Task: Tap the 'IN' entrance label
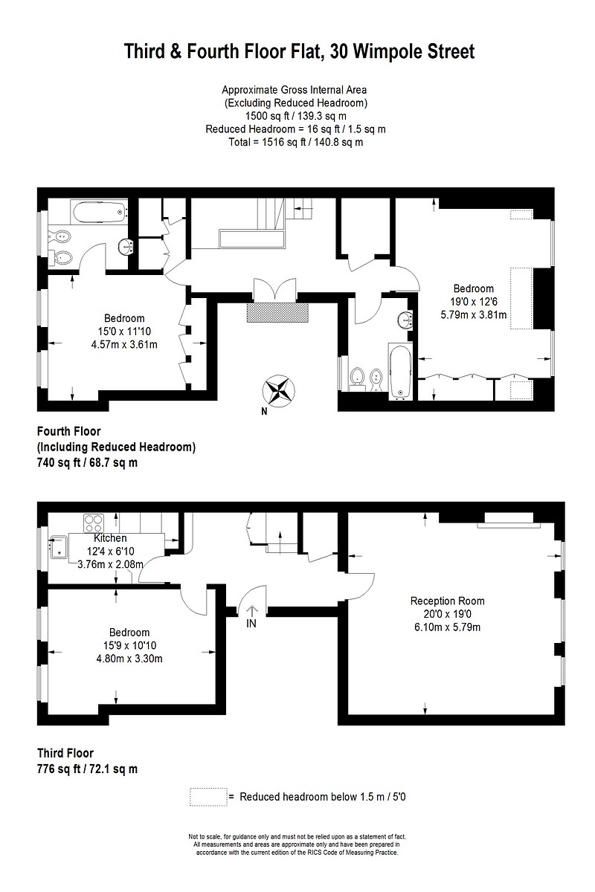pos(251,623)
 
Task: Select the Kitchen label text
pos(110,538)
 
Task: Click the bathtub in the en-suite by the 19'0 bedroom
pos(399,372)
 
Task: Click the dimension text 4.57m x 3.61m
pos(124,344)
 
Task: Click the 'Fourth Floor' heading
pos(68,431)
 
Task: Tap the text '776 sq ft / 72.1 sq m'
pos(87,769)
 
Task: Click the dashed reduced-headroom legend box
pos(208,796)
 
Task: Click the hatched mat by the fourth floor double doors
pos(277,312)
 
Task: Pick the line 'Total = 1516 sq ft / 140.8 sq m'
pos(295,142)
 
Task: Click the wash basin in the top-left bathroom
pos(126,245)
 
